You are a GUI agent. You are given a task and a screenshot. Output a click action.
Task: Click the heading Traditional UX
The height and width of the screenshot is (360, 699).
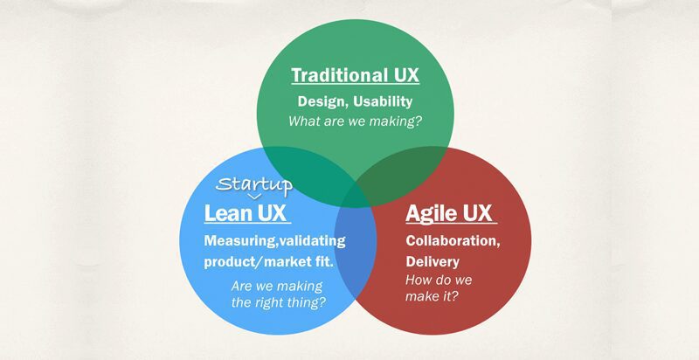pos(356,75)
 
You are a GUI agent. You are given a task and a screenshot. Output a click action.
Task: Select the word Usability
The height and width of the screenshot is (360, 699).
pos(383,102)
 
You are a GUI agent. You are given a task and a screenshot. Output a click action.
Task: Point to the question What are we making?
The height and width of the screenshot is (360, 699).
pos(355,121)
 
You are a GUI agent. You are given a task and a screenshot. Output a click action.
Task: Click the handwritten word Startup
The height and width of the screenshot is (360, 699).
pos(254,184)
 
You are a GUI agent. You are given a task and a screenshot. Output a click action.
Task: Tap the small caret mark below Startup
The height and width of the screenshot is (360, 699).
pos(254,197)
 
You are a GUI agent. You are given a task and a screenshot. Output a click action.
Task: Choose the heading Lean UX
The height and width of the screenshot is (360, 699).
pos(246,213)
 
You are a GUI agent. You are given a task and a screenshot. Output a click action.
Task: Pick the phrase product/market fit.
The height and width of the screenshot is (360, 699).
pos(269,261)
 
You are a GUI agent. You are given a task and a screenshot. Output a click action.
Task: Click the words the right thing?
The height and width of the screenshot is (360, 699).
pos(279,303)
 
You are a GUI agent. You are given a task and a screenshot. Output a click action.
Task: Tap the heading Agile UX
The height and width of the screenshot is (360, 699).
pos(448,213)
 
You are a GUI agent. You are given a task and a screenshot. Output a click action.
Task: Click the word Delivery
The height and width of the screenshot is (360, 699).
pos(433,261)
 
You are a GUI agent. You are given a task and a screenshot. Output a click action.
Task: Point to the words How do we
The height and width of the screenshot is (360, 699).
pos(439,280)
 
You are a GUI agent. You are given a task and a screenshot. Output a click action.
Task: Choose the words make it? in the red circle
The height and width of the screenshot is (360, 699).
pos(432,296)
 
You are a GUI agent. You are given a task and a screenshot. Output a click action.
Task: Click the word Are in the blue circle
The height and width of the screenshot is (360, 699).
pos(241,286)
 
